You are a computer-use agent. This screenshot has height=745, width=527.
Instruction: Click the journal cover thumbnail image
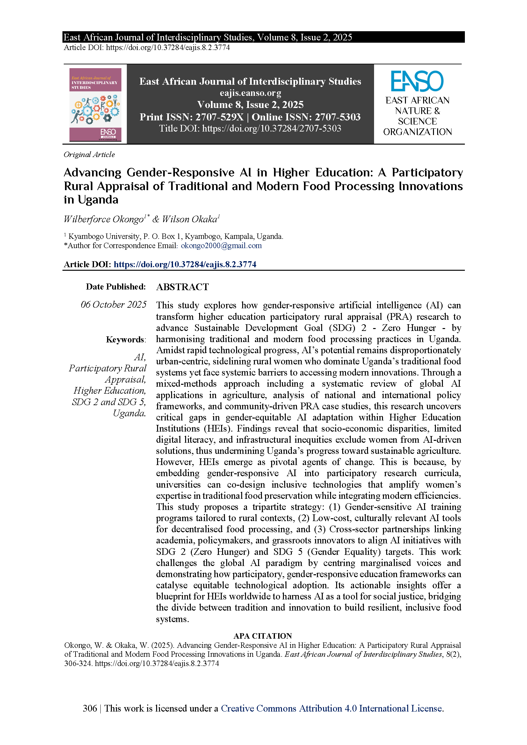(x=95, y=104)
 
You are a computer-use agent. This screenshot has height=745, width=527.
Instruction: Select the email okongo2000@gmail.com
(x=221, y=246)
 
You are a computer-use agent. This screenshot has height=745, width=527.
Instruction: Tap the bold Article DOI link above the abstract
(x=185, y=264)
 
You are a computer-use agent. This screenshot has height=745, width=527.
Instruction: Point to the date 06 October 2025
(x=113, y=305)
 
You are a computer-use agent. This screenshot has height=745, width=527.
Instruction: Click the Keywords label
(x=126, y=340)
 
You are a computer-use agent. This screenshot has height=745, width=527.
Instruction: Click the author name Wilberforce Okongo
(x=104, y=219)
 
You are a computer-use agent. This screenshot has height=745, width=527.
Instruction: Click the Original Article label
(x=89, y=154)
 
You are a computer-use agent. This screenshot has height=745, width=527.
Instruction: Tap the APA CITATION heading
(x=263, y=636)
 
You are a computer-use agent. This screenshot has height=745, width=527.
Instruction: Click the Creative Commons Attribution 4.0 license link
(x=332, y=708)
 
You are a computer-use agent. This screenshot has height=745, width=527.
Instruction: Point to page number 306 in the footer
(x=90, y=708)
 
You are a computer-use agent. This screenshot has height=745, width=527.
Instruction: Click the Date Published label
(x=116, y=287)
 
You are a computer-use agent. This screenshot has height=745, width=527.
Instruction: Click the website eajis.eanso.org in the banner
(x=250, y=93)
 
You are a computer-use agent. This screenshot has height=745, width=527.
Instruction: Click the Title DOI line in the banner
(x=250, y=128)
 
